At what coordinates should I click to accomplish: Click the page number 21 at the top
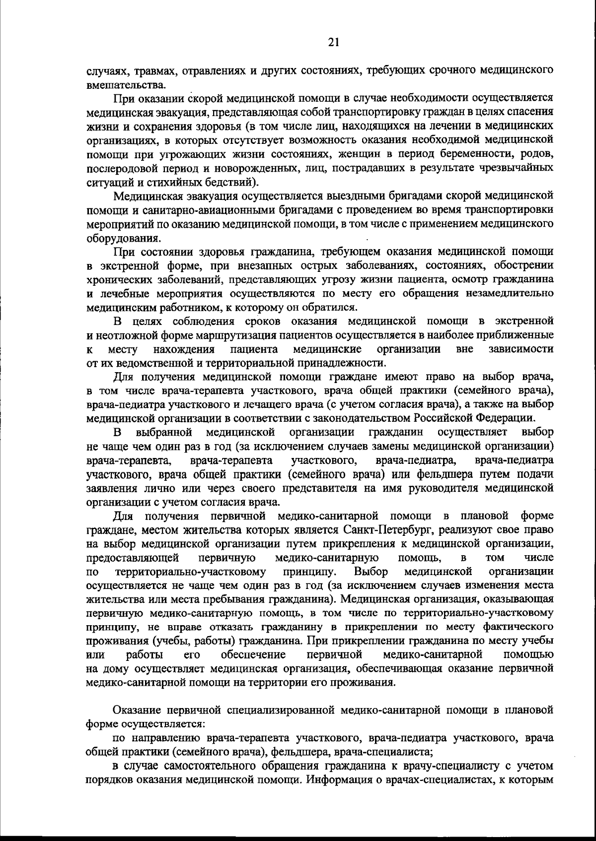click(x=334, y=43)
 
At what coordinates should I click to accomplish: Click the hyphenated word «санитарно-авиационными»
click(x=197, y=209)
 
